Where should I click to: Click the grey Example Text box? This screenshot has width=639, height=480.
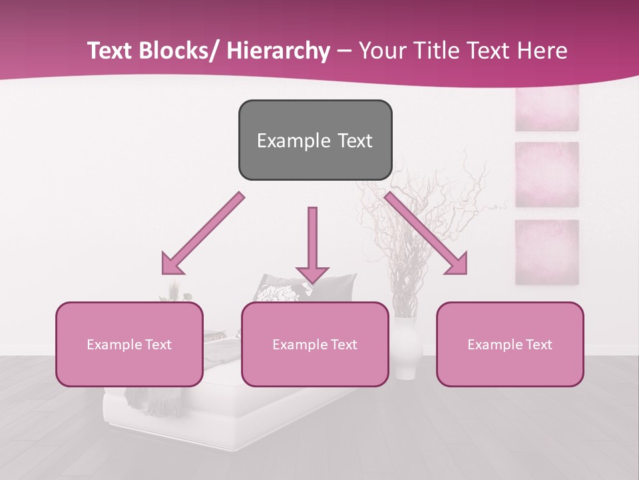315,140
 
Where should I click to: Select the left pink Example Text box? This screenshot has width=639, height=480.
129,344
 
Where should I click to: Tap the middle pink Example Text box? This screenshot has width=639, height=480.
315,344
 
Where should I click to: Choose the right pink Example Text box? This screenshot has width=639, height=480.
510,344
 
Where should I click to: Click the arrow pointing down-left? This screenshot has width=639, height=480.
203,233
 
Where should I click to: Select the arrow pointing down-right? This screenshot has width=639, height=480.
426,233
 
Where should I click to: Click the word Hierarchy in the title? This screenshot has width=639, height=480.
278,51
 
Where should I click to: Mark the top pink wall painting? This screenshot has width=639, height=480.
546,109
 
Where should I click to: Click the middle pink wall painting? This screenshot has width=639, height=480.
546,175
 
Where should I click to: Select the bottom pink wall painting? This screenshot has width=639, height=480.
546,252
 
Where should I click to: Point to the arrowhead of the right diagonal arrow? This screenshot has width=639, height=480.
459,265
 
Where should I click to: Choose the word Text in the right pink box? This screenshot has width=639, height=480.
538,344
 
